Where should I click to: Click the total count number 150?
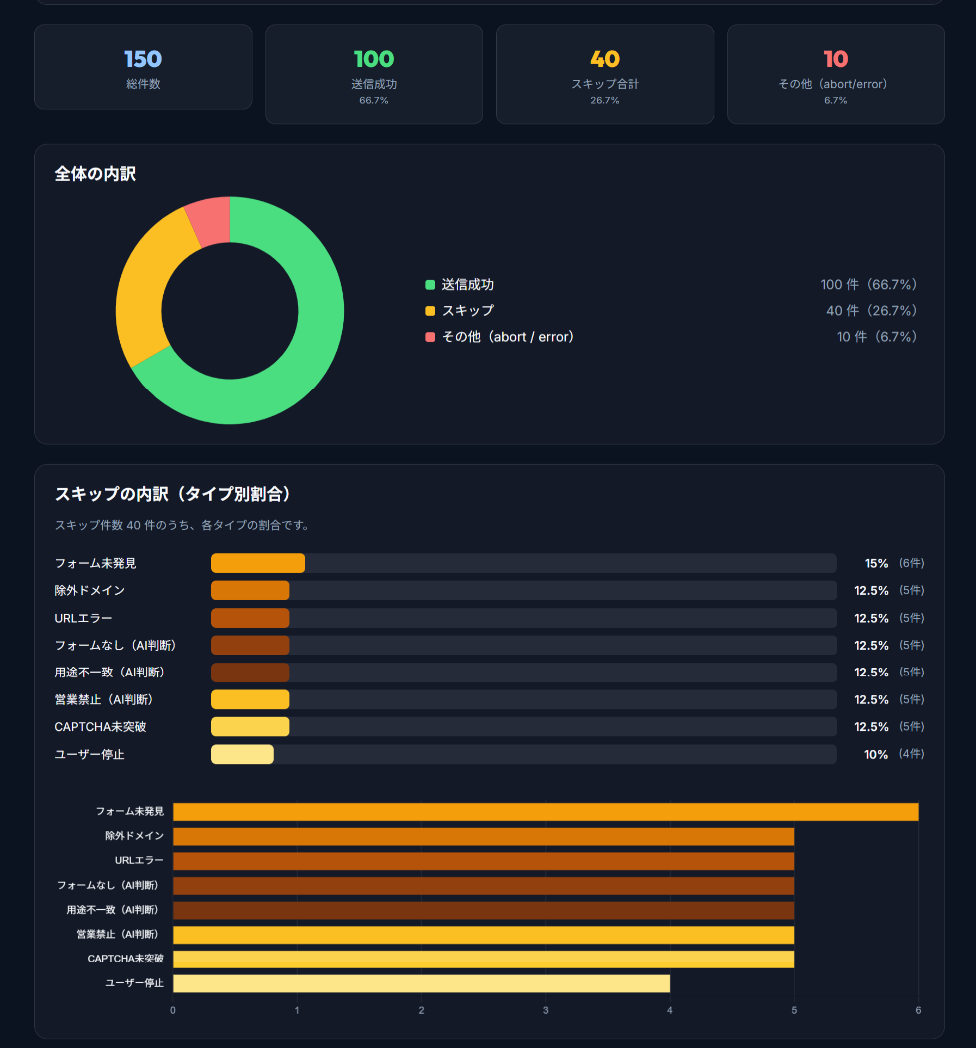[143, 59]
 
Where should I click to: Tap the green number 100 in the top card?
[374, 59]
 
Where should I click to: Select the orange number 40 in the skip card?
[604, 59]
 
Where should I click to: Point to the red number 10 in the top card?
[836, 59]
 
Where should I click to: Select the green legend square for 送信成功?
[430, 285]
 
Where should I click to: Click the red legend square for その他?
[430, 337]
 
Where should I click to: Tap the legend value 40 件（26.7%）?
[871, 311]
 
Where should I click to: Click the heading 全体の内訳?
[95, 174]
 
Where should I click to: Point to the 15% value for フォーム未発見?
[876, 563]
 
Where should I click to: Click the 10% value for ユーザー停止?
[875, 754]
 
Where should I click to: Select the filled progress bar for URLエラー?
[250, 618]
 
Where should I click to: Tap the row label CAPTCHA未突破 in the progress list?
[100, 727]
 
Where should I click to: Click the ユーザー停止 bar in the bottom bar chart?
[421, 983]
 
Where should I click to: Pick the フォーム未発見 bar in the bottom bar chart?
[545, 812]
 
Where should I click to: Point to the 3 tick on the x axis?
[546, 1010]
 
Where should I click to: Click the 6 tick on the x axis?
[918, 1010]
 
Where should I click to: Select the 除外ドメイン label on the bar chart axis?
[134, 836]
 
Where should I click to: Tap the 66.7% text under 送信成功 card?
[374, 100]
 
